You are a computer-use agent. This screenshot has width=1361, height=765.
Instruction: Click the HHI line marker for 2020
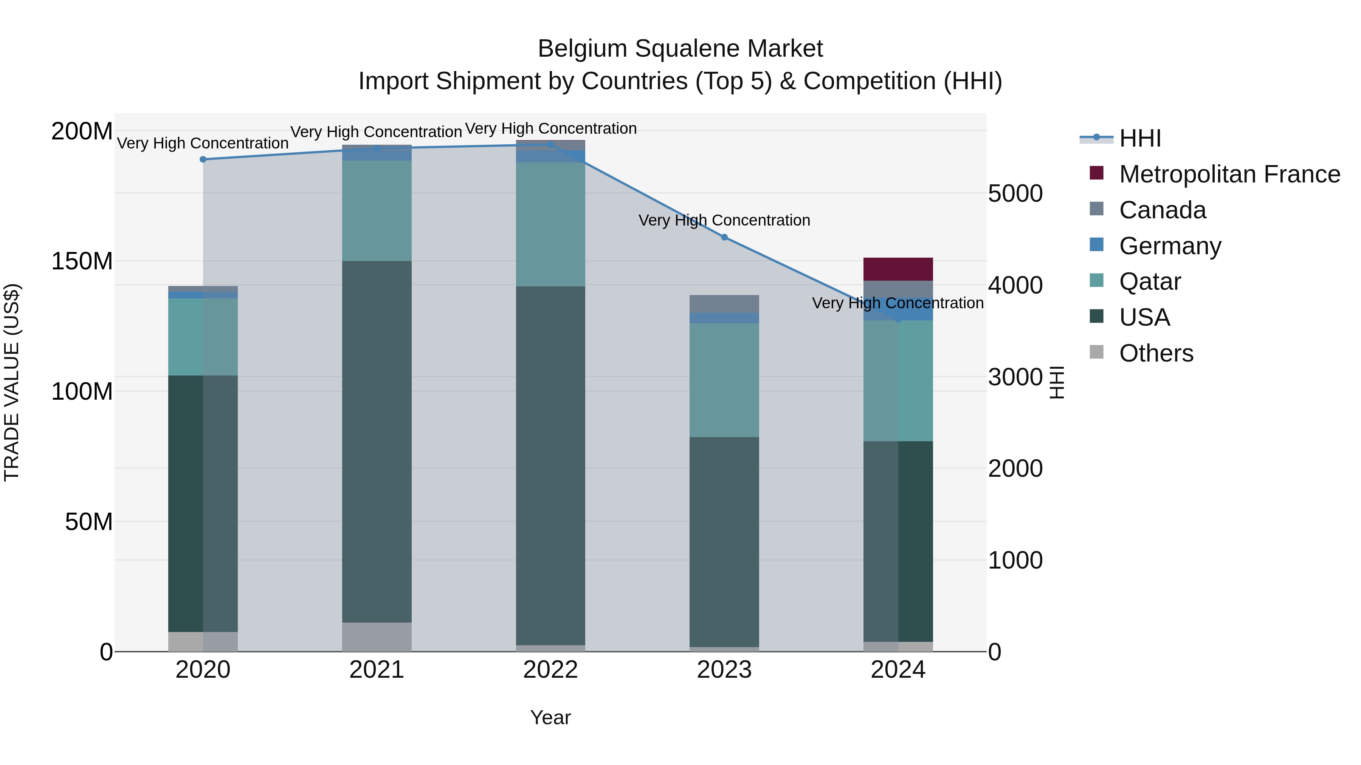click(203, 159)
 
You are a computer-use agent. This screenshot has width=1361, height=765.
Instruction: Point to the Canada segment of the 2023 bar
click(724, 304)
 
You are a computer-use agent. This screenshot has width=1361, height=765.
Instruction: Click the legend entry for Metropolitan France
click(1229, 174)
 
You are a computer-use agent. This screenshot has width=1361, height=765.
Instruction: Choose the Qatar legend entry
click(1150, 281)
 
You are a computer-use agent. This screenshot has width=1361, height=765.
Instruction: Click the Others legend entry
click(1156, 353)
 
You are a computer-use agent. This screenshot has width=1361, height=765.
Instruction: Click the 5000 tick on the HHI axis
click(1015, 194)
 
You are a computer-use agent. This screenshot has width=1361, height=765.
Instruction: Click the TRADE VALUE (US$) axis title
click(12, 382)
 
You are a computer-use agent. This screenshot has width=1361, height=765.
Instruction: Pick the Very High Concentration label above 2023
click(724, 220)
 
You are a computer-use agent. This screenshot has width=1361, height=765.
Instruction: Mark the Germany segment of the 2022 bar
click(550, 156)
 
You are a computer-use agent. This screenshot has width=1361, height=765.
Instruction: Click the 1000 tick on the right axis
click(1015, 561)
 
